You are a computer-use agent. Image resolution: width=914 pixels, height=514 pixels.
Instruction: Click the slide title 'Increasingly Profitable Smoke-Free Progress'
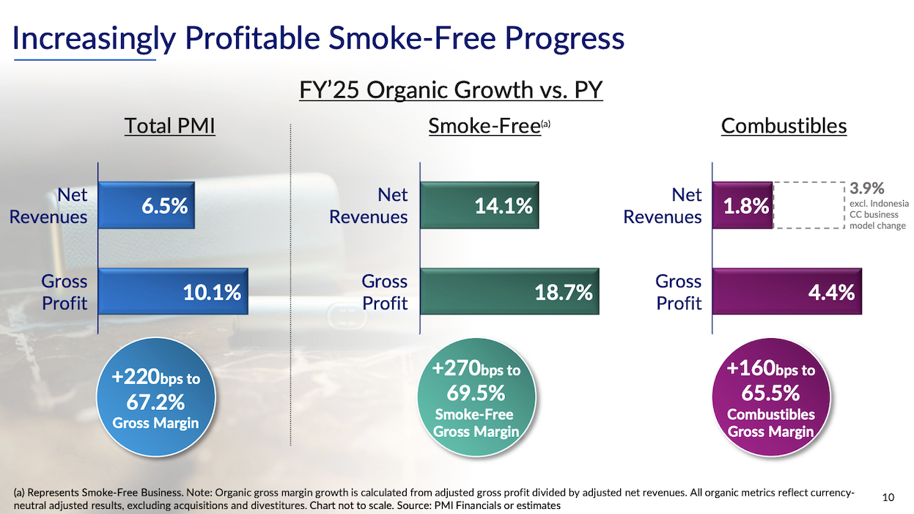pyautogui.click(x=319, y=38)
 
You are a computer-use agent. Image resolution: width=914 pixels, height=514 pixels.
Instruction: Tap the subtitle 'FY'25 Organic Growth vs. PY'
pyautogui.click(x=451, y=90)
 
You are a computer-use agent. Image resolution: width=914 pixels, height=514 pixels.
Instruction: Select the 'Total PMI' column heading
pyautogui.click(x=170, y=126)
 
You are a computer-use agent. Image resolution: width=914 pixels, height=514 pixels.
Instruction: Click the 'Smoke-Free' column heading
pyautogui.click(x=484, y=126)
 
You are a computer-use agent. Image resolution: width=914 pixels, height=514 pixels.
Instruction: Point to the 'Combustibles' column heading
pyautogui.click(x=784, y=126)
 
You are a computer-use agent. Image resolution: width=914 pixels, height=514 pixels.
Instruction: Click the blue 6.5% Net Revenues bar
pyautogui.click(x=146, y=206)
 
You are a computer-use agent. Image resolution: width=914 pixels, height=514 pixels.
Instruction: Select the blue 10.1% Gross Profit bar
pyautogui.click(x=173, y=292)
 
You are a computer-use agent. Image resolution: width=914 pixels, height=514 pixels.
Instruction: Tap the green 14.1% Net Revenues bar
pyautogui.click(x=479, y=206)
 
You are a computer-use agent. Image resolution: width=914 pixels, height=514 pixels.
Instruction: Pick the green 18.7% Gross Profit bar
pyautogui.click(x=509, y=292)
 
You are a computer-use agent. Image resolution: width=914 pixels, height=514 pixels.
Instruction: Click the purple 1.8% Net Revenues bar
pyautogui.click(x=742, y=206)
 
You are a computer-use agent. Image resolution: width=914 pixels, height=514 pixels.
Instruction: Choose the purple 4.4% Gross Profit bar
pyautogui.click(x=786, y=292)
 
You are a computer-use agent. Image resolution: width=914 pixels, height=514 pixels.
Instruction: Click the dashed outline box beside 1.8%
pyautogui.click(x=808, y=206)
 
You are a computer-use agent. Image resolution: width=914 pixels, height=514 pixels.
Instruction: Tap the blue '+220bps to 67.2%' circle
pyautogui.click(x=155, y=400)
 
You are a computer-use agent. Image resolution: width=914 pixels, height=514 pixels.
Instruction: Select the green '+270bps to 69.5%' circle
pyautogui.click(x=476, y=400)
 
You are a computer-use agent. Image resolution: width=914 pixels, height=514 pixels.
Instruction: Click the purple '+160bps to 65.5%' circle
pyautogui.click(x=770, y=400)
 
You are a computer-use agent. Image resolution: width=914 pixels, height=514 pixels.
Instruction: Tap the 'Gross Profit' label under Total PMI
pyautogui.click(x=65, y=292)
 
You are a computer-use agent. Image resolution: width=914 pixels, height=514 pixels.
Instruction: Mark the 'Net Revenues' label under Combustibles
pyautogui.click(x=663, y=206)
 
